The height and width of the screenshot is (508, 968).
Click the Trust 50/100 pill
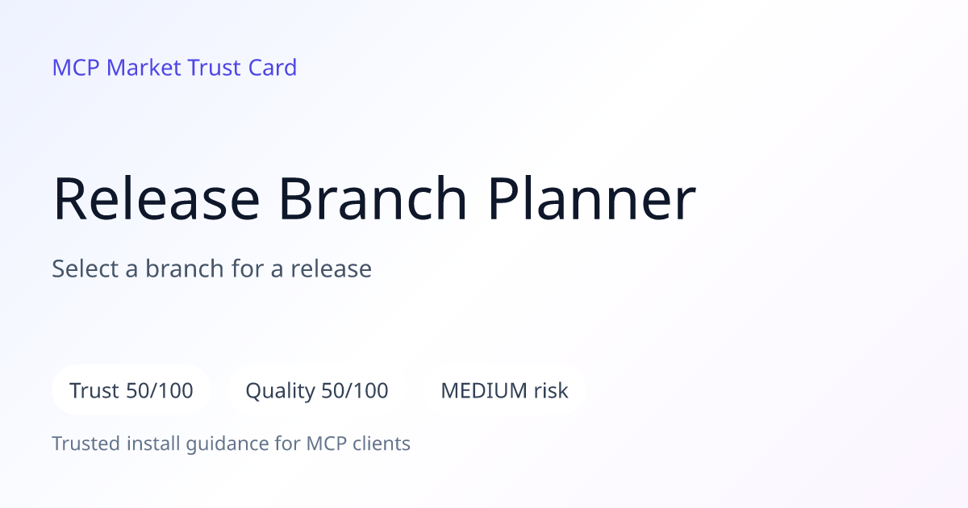131,390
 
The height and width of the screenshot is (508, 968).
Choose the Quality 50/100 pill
317,390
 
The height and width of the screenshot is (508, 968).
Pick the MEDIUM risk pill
504,390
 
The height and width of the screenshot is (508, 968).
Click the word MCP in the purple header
76,68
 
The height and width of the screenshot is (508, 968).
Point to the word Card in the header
273,68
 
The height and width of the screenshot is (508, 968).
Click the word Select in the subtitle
85,269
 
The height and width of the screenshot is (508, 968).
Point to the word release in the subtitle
331,269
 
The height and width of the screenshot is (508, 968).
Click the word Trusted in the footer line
86,443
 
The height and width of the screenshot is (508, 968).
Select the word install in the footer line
153,443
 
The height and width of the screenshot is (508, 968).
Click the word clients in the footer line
381,443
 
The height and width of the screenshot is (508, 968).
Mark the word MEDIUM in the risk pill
484,390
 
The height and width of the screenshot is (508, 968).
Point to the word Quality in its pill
280,391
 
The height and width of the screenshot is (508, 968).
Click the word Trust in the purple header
215,68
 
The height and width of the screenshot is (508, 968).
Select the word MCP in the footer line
326,443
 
